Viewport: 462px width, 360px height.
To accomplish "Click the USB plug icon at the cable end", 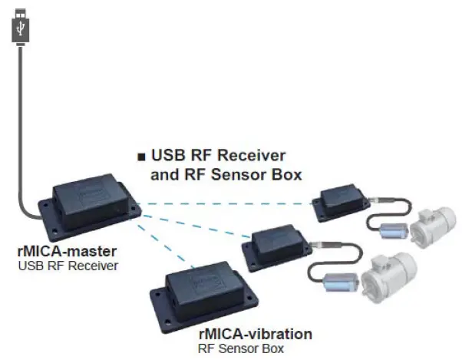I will tap(21, 26).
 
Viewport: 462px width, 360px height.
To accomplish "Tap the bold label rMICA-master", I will tap(58, 252).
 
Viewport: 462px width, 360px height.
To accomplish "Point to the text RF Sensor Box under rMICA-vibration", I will tap(243, 348).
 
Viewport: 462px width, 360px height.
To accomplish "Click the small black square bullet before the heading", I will tap(141, 157).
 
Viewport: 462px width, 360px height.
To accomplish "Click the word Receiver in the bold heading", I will tap(256, 156).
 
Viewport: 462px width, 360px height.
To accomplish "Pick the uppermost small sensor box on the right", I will tap(339, 201).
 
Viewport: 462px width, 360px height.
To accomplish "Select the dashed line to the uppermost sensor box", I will tap(230, 204).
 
